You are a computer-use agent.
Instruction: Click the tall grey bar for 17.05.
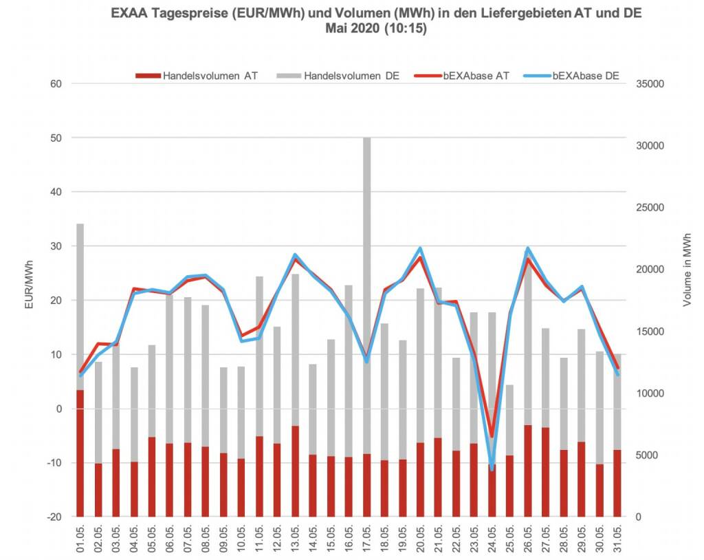[x=366, y=241]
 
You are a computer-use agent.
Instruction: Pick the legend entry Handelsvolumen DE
[x=342, y=76]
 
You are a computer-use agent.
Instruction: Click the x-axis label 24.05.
[x=492, y=539]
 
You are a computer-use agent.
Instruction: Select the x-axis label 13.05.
[x=295, y=539]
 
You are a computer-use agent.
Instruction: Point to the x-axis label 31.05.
[x=617, y=539]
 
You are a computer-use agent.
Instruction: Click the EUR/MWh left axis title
[x=29, y=283]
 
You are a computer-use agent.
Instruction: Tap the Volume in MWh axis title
[x=687, y=269]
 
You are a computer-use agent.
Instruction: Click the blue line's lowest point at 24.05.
[x=492, y=468]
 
